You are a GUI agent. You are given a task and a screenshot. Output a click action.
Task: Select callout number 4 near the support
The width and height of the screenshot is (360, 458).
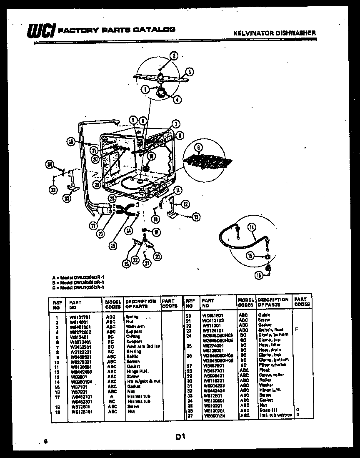pos(177,100)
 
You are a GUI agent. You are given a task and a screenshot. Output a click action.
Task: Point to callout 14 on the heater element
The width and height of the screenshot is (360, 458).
pos(251,227)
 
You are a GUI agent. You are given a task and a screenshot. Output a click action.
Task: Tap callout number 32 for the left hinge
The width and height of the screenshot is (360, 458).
pos(67,199)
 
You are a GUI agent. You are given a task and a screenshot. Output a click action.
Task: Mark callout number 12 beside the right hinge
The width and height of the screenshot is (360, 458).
pos(185,204)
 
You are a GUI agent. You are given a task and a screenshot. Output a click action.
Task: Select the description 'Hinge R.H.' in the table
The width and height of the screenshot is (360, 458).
pos(136,371)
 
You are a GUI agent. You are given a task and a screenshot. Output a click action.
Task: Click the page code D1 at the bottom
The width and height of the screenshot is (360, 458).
pos(180,437)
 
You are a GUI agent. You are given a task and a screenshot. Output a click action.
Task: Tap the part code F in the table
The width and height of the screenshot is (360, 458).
pos(297,330)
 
